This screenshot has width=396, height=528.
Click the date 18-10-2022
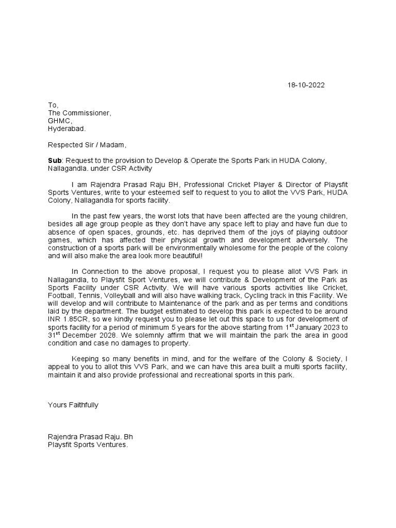pyautogui.click(x=306, y=85)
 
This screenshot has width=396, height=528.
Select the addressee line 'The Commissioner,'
pyautogui.click(x=79, y=112)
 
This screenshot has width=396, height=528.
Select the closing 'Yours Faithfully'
pyautogui.click(x=73, y=405)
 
